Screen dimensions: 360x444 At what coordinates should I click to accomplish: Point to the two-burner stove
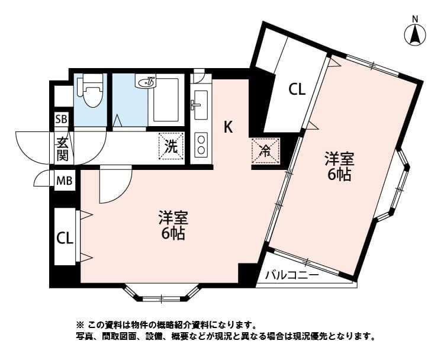pos(201,144)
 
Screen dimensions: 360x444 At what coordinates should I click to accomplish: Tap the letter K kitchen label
pos(228,126)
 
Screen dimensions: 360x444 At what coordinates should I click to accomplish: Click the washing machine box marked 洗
pos(170,146)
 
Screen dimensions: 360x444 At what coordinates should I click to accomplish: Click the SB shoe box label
pos(62,120)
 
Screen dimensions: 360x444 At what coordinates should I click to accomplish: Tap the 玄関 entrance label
pos(62,149)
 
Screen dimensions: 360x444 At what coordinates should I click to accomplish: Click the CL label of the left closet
pos(65,238)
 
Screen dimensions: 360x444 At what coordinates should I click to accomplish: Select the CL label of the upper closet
pos(297,89)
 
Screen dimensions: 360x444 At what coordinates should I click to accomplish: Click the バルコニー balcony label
pos(292,275)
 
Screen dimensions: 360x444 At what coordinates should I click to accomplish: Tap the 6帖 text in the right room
pos(339,175)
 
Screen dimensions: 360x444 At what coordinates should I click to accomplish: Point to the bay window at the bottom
pos(161,292)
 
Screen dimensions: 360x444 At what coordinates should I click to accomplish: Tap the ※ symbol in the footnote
pos(81,325)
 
